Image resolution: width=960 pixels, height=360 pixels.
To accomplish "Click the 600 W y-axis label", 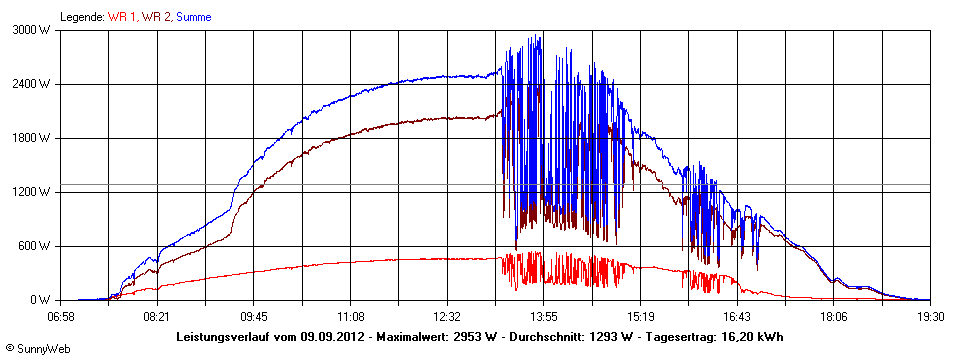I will point(36,246).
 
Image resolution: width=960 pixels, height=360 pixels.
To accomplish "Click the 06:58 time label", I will point(62,315).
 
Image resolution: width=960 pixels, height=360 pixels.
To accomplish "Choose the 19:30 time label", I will point(929,315).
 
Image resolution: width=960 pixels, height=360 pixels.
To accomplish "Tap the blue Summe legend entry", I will point(194,17).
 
